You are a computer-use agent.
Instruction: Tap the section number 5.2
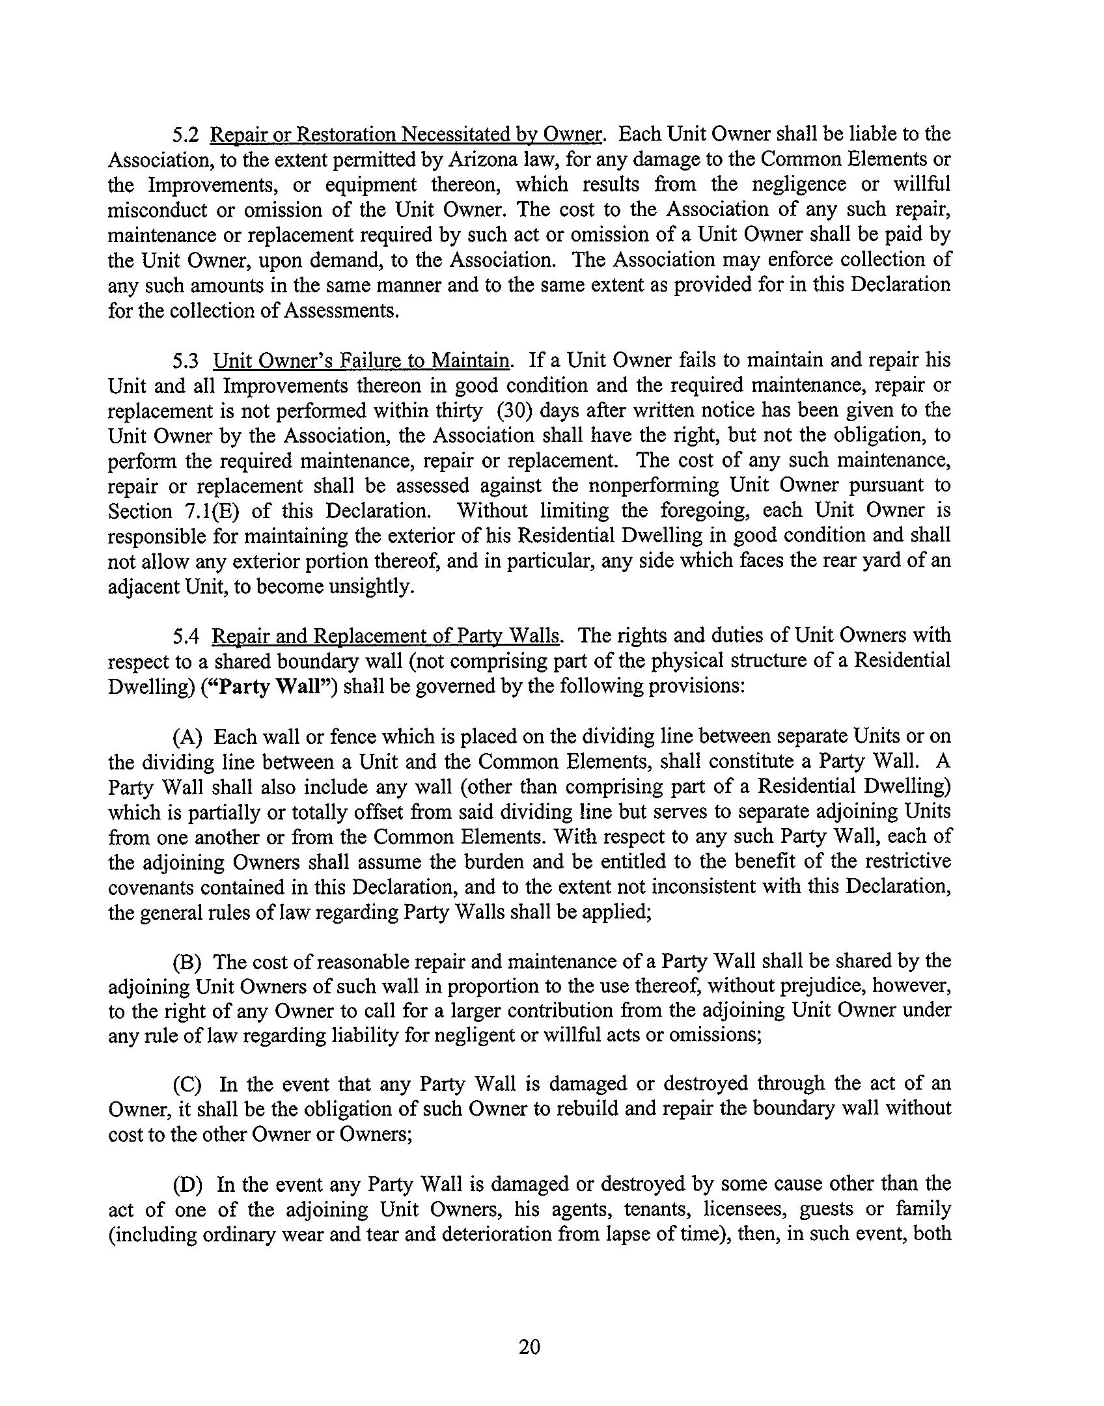point(186,135)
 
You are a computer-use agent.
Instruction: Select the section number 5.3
point(186,360)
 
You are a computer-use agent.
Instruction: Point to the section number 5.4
point(186,635)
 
